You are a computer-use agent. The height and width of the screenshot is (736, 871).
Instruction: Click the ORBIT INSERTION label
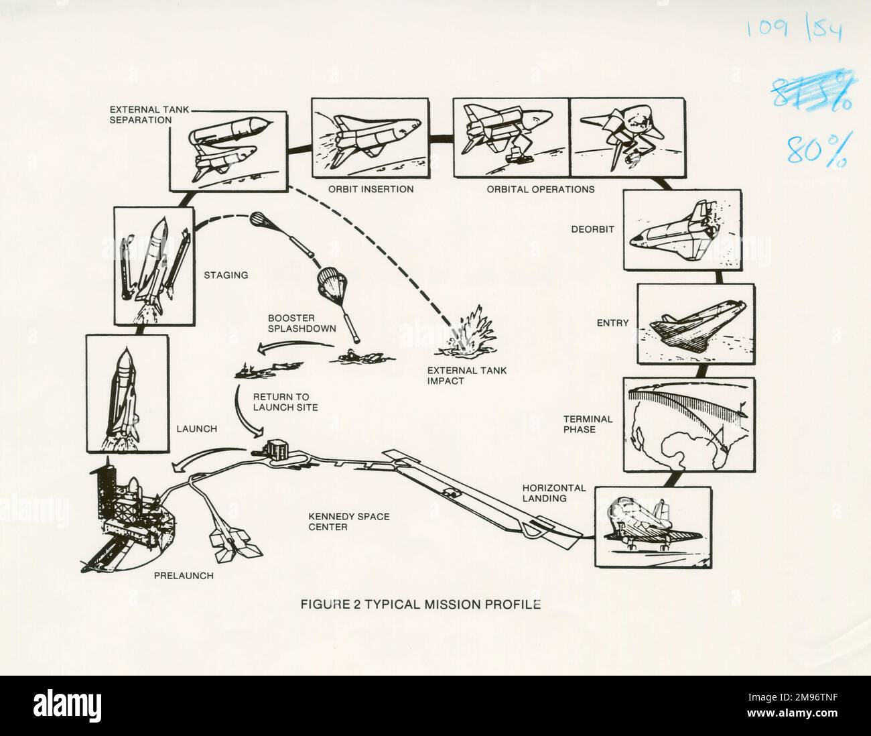(371, 189)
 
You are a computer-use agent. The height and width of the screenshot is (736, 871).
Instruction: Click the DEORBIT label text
(592, 229)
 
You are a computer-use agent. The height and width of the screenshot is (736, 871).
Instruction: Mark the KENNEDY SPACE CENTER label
(348, 522)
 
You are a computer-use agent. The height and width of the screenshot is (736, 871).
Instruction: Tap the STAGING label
(226, 275)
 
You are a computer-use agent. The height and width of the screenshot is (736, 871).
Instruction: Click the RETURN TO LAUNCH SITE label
(285, 402)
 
